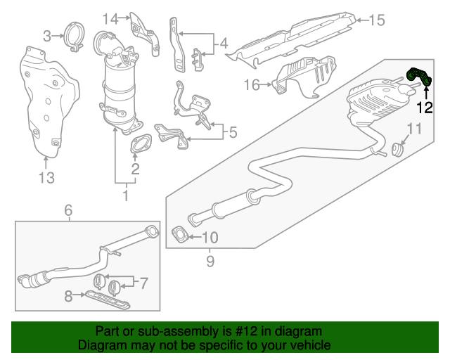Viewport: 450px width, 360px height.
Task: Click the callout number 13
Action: [x=46, y=178]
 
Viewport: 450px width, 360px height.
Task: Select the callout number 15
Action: [x=378, y=20]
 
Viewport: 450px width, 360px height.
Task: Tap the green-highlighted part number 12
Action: [x=420, y=78]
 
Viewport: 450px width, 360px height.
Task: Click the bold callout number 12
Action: [x=425, y=108]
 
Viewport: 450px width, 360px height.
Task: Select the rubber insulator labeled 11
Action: [x=399, y=149]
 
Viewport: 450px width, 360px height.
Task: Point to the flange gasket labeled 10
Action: [x=179, y=232]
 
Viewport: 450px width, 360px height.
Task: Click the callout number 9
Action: [x=210, y=262]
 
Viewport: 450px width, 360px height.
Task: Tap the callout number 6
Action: [x=68, y=210]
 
